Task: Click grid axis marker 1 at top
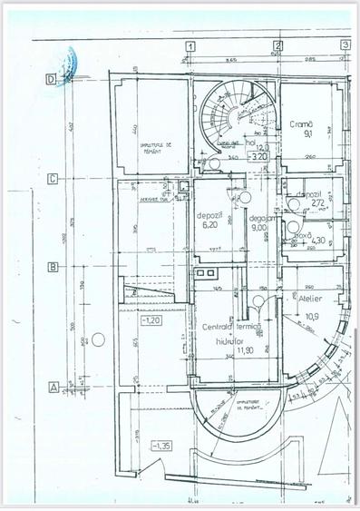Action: pos(190,44)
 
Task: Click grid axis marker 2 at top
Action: pos(276,44)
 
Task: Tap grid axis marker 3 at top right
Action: pos(345,44)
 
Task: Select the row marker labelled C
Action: pos(53,179)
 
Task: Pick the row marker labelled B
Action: pos(53,267)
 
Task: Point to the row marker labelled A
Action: pos(53,386)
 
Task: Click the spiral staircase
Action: pos(234,116)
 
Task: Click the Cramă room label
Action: pos(301,123)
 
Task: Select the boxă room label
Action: pos(297,234)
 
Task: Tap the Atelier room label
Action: pos(300,298)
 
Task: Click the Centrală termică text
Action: pos(232,325)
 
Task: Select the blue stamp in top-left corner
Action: pos(66,64)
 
